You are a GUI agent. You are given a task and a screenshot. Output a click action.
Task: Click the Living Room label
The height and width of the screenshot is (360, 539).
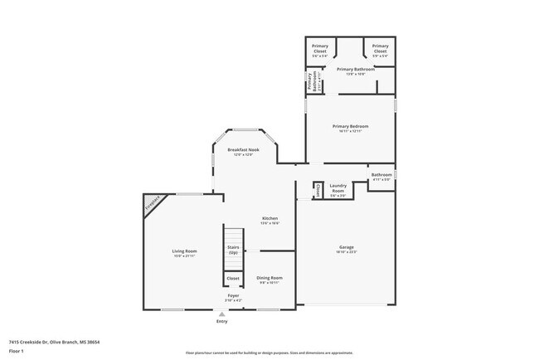pos(184,253)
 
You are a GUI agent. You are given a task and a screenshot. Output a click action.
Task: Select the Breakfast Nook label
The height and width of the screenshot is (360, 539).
pos(244,151)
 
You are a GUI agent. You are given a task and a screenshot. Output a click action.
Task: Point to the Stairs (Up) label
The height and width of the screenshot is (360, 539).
pos(233,250)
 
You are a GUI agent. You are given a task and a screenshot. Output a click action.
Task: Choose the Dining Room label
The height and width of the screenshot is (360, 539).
pos(269,280)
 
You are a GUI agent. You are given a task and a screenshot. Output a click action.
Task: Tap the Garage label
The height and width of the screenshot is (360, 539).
pos(346,251)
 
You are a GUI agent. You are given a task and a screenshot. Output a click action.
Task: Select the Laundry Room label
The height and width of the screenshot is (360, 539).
pos(337,187)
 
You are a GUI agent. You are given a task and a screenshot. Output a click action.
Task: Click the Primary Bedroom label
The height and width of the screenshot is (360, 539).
pos(350,128)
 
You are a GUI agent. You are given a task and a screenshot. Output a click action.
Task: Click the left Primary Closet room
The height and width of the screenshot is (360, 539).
pos(320,50)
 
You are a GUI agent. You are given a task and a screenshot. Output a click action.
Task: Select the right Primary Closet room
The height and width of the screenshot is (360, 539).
pos(380,50)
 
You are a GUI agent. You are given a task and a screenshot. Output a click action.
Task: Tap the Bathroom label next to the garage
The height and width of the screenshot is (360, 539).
pos(381,177)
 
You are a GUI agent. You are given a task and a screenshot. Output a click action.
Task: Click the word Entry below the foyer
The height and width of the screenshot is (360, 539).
pos(221,321)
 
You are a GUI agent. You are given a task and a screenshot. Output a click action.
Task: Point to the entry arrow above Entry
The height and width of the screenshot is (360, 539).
pos(221,314)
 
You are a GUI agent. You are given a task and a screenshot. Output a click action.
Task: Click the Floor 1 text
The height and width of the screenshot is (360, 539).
pos(17,352)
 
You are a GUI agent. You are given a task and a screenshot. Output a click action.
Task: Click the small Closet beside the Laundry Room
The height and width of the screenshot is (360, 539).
pos(318,190)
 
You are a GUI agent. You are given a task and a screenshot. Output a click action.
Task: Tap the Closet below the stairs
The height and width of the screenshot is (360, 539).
pos(233,278)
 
